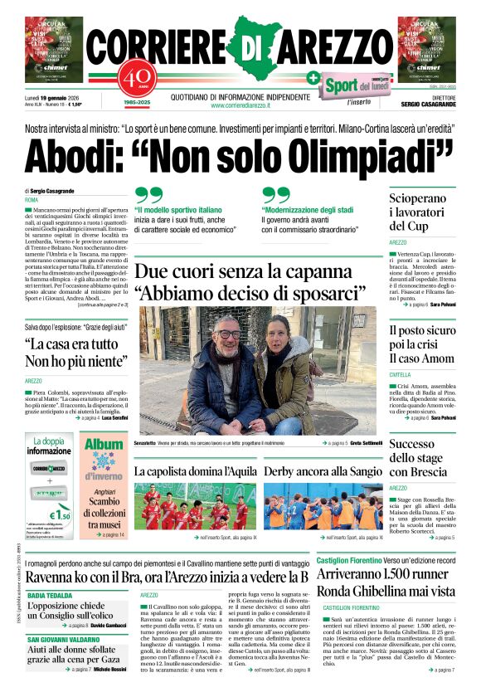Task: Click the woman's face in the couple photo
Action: click(279, 329)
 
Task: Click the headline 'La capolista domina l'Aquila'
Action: click(196, 471)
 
